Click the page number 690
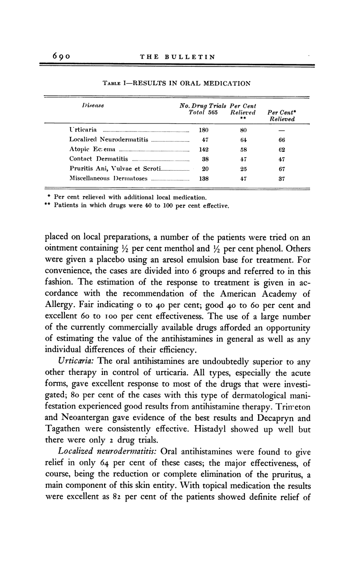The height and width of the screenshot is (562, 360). click(x=59, y=56)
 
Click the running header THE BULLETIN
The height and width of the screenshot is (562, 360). click(x=177, y=56)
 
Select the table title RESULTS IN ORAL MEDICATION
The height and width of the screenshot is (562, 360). click(x=176, y=83)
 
